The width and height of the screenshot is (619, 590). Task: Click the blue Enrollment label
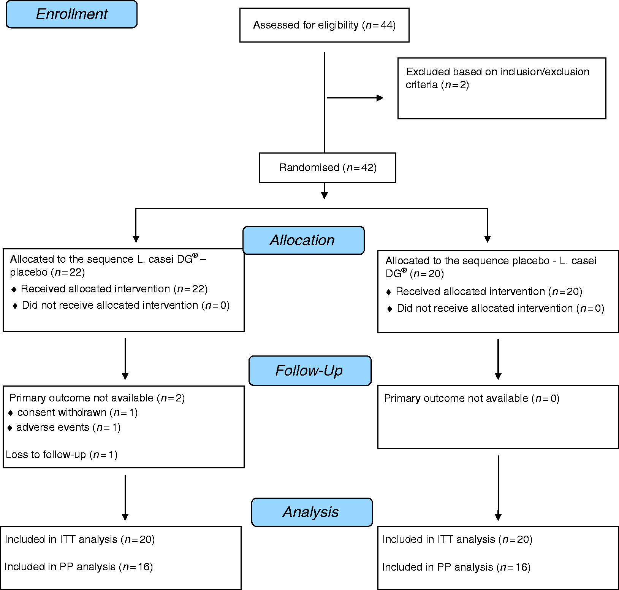[x=71, y=14]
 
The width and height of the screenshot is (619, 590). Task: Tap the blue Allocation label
[x=303, y=240]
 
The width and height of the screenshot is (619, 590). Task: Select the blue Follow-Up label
[x=310, y=371]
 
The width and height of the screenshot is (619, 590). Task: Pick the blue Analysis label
[x=312, y=512]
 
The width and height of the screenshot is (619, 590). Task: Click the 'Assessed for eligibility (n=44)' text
[x=325, y=25]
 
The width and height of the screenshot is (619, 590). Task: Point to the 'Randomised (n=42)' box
[x=328, y=168]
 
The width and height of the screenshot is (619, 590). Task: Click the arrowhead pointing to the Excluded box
[x=380, y=98]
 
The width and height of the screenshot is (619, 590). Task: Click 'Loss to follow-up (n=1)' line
[x=62, y=455]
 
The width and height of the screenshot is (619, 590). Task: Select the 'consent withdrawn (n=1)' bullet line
[x=73, y=412]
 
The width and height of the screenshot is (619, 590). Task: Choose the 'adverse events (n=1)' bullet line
[x=64, y=427]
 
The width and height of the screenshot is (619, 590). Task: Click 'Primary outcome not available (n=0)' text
[x=472, y=398]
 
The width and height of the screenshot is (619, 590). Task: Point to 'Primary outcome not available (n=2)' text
[x=97, y=398]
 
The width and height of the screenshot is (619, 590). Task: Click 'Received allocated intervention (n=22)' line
[x=110, y=289]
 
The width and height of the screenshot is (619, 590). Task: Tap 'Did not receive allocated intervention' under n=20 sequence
[x=485, y=308]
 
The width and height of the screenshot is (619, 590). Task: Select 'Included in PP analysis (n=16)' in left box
[x=79, y=567]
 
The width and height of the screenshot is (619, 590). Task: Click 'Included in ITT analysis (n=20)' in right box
[x=457, y=539]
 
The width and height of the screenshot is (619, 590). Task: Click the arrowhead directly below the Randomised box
[x=324, y=195]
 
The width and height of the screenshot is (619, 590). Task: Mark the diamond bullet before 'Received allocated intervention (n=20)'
[x=388, y=292]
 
